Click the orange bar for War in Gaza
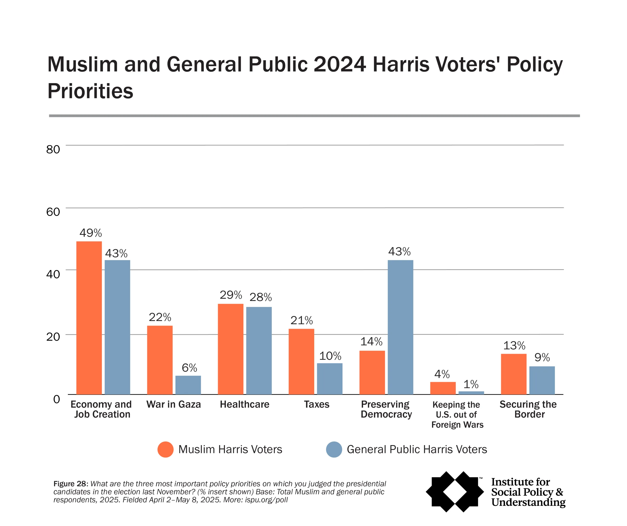click(160, 360)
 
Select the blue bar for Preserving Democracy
click(400, 327)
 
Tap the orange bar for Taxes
click(301, 362)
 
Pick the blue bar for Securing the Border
click(542, 380)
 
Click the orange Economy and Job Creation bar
click(89, 318)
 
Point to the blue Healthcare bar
click(259, 351)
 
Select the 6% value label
click(189, 368)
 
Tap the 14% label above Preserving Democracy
click(371, 341)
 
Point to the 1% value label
click(471, 384)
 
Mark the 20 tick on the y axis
click(53, 337)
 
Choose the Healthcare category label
click(244, 404)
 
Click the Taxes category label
click(316, 404)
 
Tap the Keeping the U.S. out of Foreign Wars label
click(457, 414)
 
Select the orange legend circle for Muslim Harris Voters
click(165, 450)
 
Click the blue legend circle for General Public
click(334, 450)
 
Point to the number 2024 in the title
click(339, 64)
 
